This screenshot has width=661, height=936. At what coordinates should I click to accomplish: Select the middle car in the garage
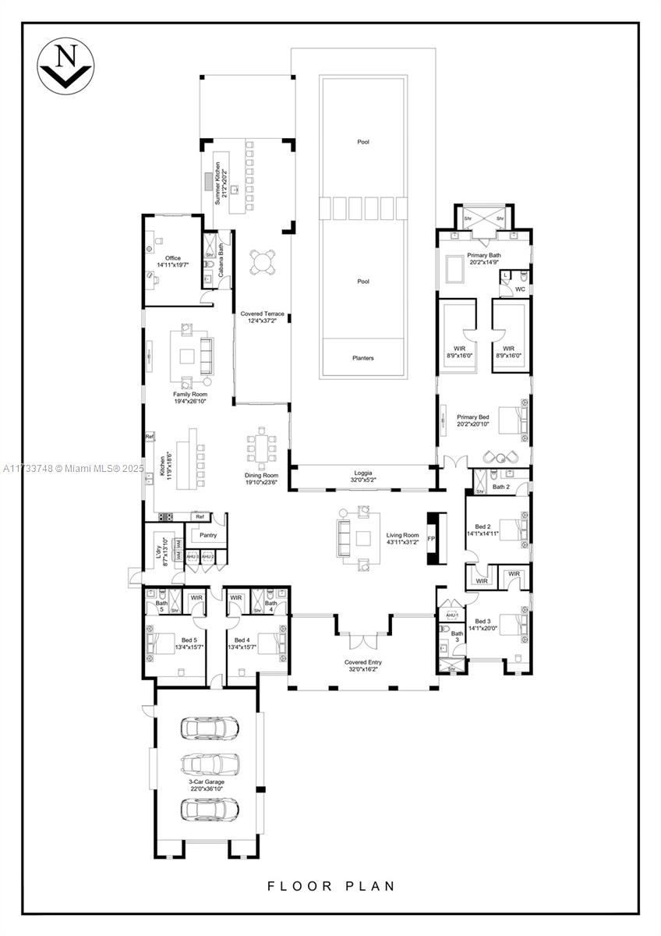coord(210,764)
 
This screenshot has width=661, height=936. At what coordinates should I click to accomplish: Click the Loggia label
coord(362,473)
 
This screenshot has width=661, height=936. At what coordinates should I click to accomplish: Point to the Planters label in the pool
coord(362,358)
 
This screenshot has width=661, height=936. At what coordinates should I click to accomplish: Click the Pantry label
coord(208,535)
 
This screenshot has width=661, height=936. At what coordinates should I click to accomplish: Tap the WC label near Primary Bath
coord(520,289)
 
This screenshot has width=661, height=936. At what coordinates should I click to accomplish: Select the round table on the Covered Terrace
coord(263,262)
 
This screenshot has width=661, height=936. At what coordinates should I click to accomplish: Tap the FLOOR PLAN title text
coord(331,886)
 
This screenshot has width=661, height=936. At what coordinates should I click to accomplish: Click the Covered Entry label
coord(362,662)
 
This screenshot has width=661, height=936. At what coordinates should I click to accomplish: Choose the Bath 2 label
coord(500,487)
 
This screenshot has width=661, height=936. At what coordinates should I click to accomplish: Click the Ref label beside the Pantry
coord(200,516)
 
